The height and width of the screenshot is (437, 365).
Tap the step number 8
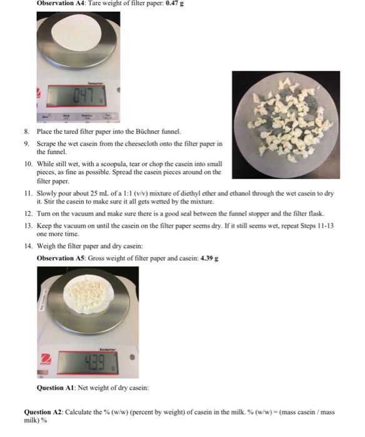pos(27,132)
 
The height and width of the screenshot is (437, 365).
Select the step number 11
pos(28,194)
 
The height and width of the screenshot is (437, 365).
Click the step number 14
pos(28,247)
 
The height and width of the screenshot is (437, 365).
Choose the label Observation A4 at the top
pos(59,3)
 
